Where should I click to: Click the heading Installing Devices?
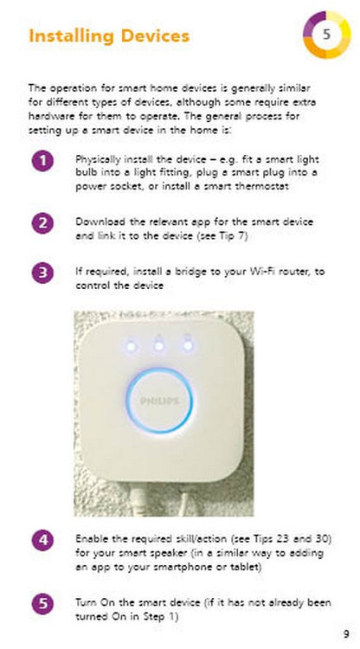(x=108, y=36)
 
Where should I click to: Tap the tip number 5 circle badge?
(x=326, y=35)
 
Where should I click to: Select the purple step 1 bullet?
(x=42, y=160)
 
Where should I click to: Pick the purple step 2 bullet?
(x=42, y=222)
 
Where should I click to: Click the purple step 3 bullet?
(x=42, y=273)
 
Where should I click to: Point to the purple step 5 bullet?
(x=42, y=603)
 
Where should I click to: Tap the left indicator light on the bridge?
(x=131, y=346)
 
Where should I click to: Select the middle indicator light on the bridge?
(x=159, y=346)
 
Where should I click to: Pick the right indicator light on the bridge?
(x=187, y=346)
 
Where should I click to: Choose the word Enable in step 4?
(x=91, y=539)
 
